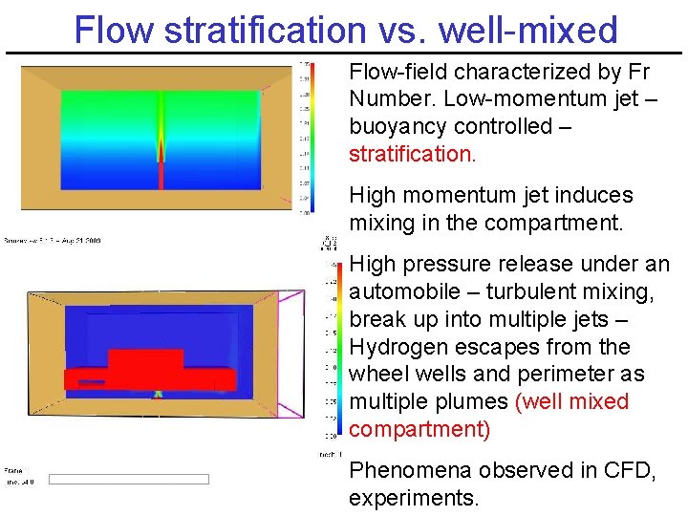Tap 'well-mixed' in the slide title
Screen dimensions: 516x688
[x=528, y=30]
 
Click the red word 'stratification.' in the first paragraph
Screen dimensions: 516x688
[x=412, y=153]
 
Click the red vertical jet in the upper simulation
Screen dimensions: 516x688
[x=161, y=172]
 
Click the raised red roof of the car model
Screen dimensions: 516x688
[x=145, y=359]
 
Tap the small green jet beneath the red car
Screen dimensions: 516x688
[x=160, y=393]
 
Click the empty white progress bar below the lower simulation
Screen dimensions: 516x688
[x=128, y=479]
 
